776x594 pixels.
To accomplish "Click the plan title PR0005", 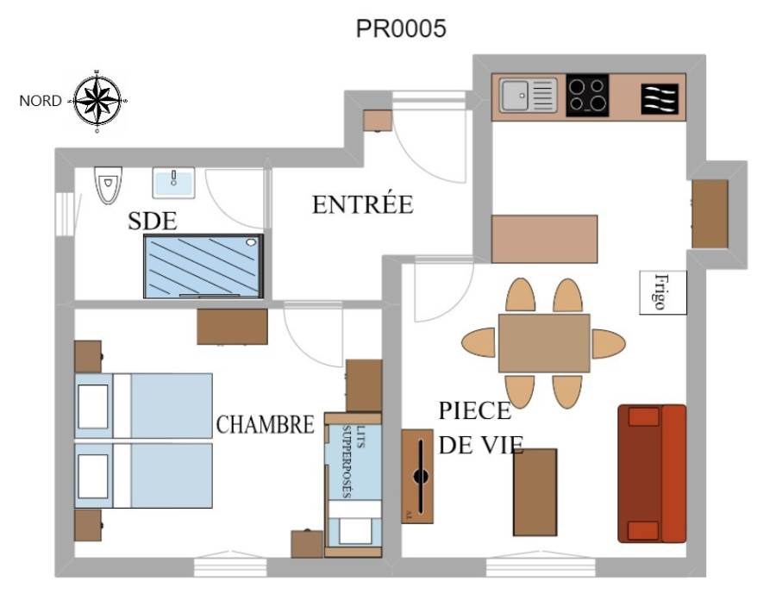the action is pos(401,28).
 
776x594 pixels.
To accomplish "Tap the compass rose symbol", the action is pos(97,101).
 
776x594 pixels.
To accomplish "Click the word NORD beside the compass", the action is pos(40,101).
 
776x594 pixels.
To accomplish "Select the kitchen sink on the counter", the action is pos(528,95).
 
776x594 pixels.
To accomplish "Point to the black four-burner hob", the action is pos(587,96).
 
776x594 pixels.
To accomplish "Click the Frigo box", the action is pos(663,292).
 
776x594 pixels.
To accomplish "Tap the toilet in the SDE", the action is pos(108,185).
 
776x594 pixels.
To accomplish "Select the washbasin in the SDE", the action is pos(173,183).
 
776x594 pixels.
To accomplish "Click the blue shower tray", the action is pos(203,266).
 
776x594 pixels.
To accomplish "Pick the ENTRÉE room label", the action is pos(363,204).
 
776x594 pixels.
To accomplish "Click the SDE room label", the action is pos(153,221).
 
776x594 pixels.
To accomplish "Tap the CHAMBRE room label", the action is pos(266,424).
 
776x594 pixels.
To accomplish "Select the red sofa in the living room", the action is pos(652,473).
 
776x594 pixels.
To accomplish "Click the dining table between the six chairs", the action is pos(544,343).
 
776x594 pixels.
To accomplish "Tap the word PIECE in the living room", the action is pos(474,411).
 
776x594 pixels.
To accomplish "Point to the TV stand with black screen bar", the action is pos(417,476).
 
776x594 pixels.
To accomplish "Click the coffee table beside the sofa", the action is pos(535,492).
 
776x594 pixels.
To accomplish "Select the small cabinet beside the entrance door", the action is pos(378,121).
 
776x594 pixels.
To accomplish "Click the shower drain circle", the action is pos(251,242).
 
